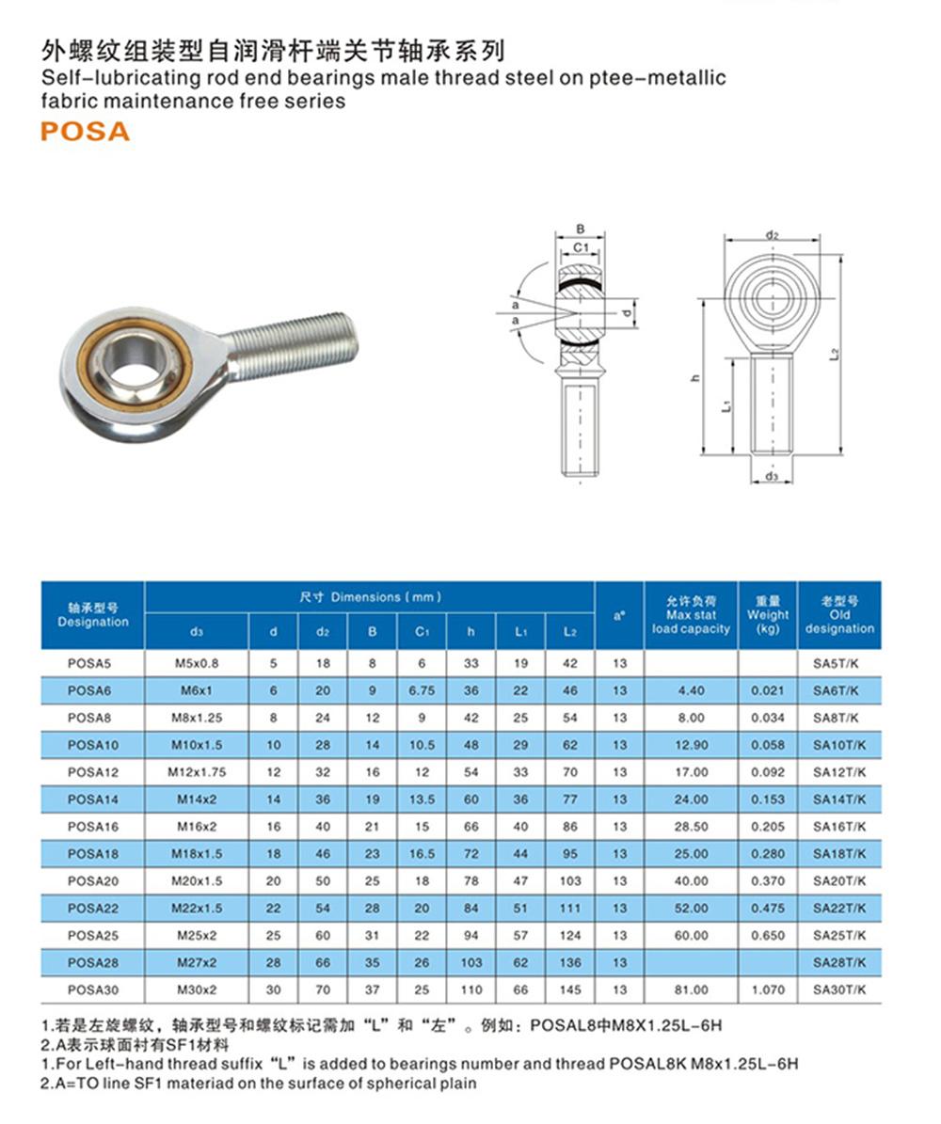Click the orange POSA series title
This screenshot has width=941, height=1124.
(x=85, y=131)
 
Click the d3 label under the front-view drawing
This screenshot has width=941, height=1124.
(x=772, y=477)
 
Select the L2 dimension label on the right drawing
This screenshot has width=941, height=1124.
(x=834, y=354)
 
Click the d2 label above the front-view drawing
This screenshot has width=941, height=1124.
(x=771, y=233)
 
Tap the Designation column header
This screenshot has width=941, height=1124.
(x=92, y=615)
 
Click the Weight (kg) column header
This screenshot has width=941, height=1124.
(x=768, y=615)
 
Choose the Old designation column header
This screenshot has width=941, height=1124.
(x=839, y=615)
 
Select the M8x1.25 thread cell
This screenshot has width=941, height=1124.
(x=196, y=718)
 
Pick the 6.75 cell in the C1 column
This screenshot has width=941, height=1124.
(x=422, y=690)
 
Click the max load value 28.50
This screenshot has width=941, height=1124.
(x=691, y=827)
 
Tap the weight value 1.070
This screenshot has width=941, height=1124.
(x=768, y=989)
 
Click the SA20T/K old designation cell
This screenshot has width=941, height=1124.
(x=839, y=881)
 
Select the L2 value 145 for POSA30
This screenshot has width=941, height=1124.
(x=569, y=989)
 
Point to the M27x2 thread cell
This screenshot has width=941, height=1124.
(x=196, y=962)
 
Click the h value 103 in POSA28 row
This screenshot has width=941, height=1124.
(x=471, y=962)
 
